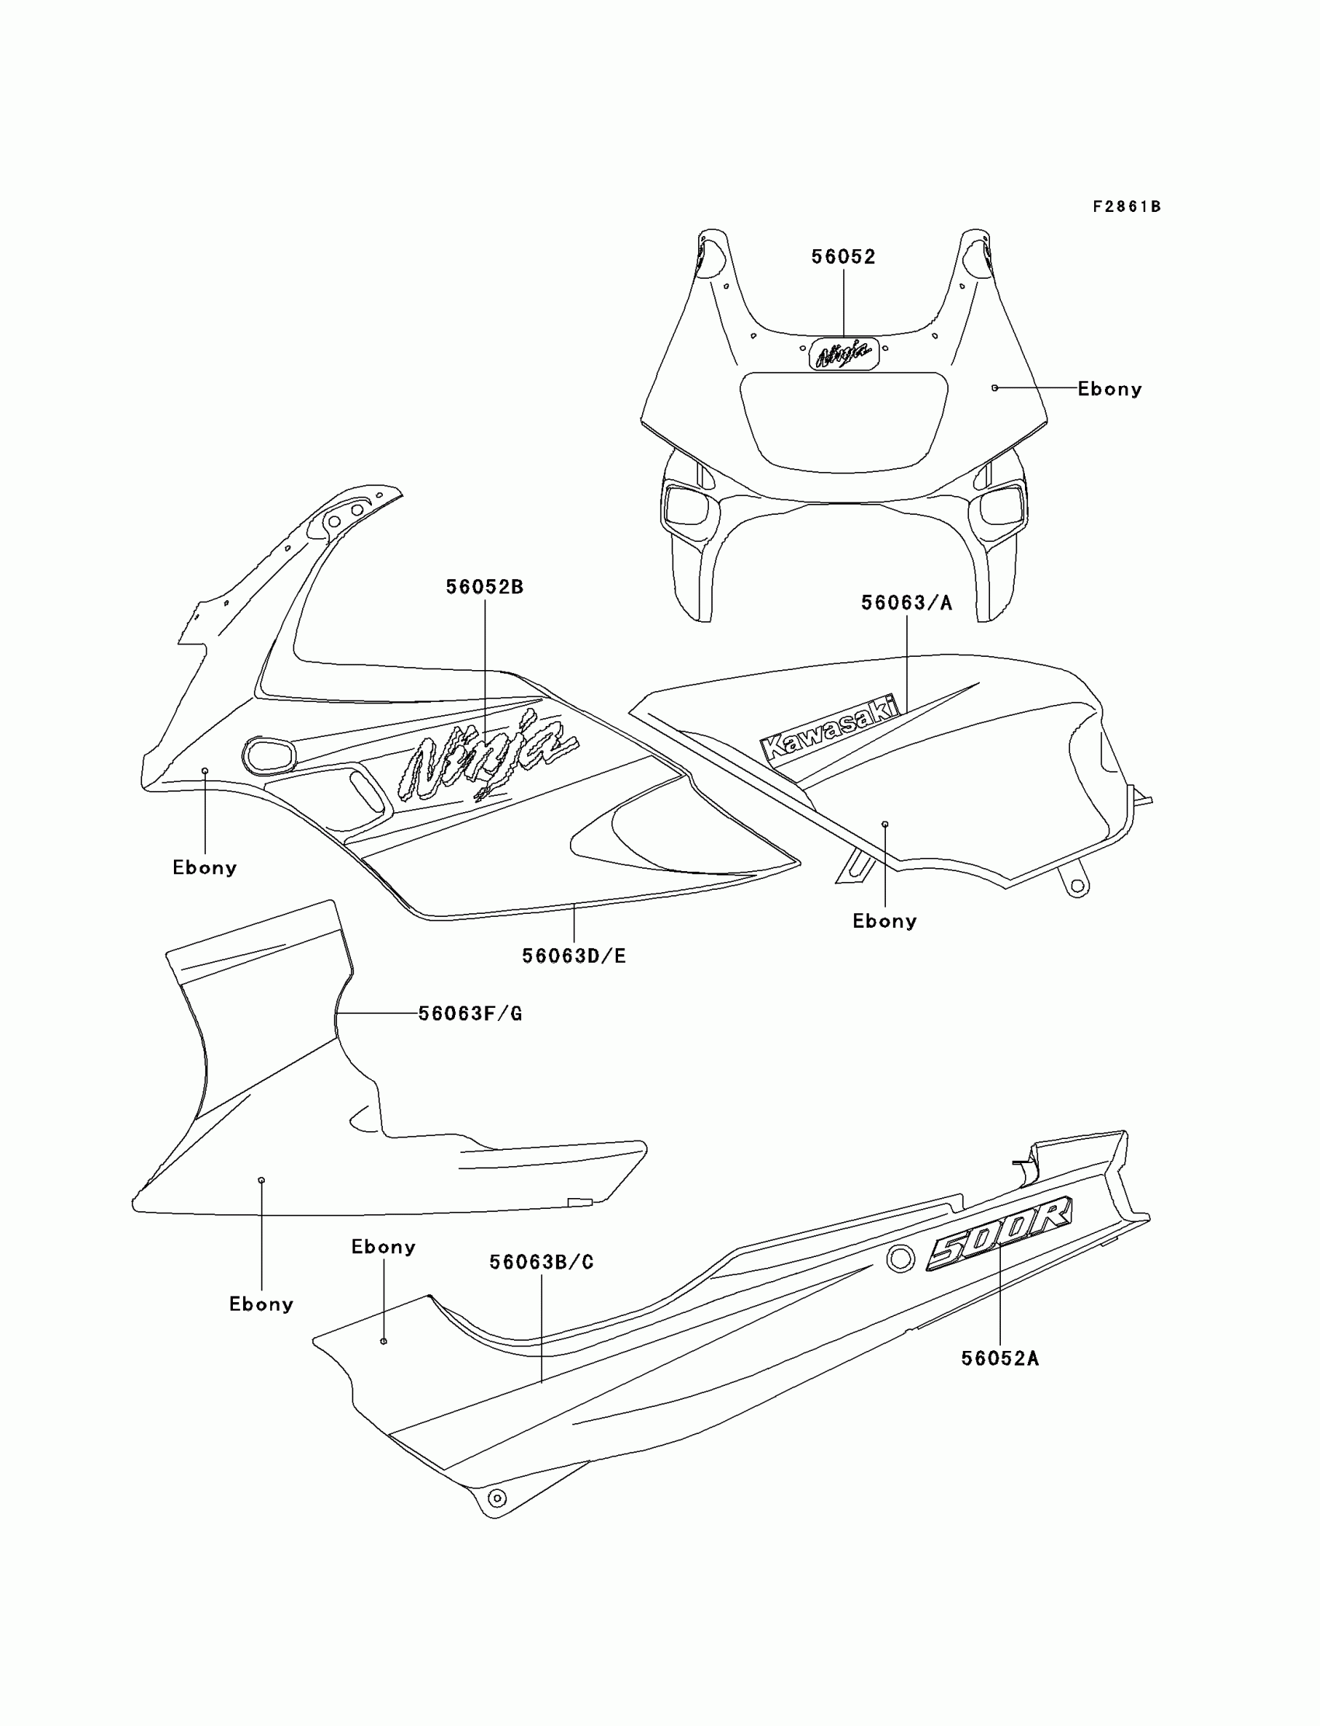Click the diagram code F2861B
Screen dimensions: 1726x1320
[x=1126, y=207]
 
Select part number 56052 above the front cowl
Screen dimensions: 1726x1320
[x=843, y=257]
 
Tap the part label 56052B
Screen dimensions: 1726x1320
[x=484, y=587]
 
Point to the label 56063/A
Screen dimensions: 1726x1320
[x=906, y=603]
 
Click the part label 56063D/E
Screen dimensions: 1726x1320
[x=574, y=956]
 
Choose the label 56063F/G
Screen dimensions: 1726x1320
[x=470, y=1013]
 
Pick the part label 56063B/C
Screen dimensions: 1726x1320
[x=541, y=1262]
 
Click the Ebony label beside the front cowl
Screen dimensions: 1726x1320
[x=1110, y=389]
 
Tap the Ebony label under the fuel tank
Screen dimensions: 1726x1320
[x=884, y=921]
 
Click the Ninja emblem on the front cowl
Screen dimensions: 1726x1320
[x=844, y=354]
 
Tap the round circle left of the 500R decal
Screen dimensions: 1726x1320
[x=901, y=1259]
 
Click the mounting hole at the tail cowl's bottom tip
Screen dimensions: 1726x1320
[x=497, y=1499]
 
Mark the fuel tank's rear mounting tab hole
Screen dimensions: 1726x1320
[x=1077, y=886]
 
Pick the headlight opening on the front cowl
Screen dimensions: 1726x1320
[x=844, y=422]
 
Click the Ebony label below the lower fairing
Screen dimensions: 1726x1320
[x=261, y=1304]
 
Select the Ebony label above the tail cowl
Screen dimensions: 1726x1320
[x=384, y=1247]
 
